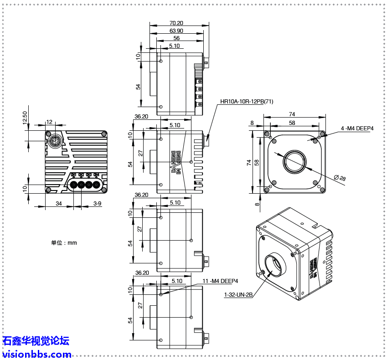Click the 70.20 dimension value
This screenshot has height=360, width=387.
(176, 23)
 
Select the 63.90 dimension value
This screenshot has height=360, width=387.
(176, 31)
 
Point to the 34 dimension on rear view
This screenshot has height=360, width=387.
(59, 203)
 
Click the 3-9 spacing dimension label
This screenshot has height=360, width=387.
(97, 203)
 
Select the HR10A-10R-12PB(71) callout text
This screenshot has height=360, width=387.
(247, 102)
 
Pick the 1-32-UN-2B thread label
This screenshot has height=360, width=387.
(238, 294)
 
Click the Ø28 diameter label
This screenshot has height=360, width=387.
(340, 178)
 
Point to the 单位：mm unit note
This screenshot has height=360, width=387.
(64, 243)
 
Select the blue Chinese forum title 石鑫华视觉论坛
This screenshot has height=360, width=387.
(36, 341)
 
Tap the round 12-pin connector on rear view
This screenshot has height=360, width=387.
(55, 141)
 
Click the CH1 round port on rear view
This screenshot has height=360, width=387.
(74, 185)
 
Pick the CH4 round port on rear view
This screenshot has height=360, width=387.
(96, 185)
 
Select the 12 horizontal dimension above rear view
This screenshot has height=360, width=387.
(50, 122)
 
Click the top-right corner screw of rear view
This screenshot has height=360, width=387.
(104, 134)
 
